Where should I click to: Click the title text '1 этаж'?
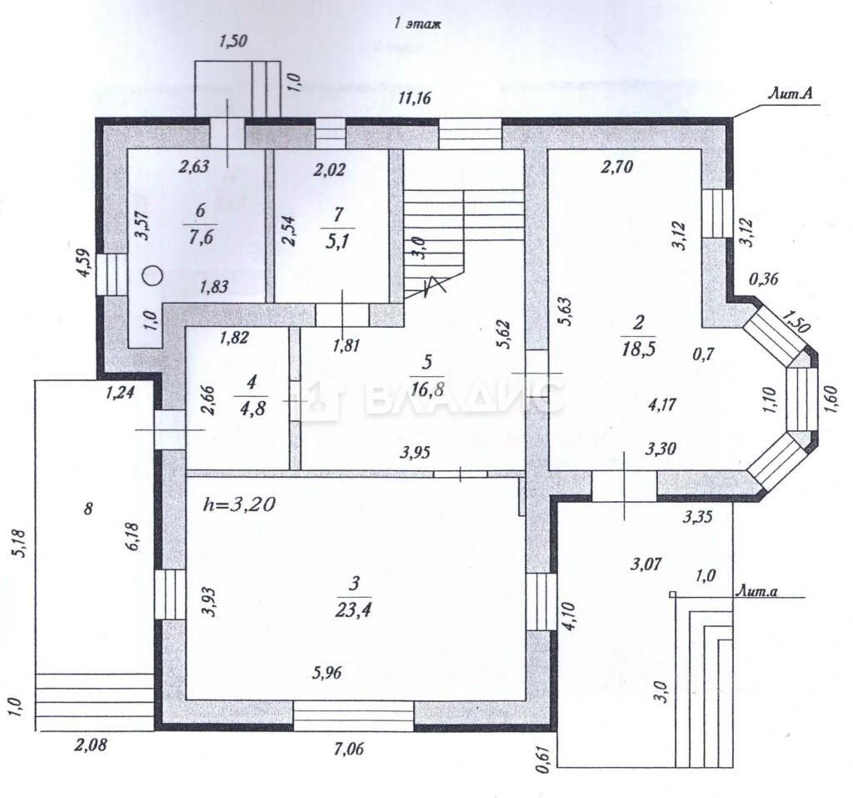(x=417, y=24)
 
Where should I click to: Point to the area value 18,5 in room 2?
(x=638, y=349)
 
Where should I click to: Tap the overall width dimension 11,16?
(x=414, y=98)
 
